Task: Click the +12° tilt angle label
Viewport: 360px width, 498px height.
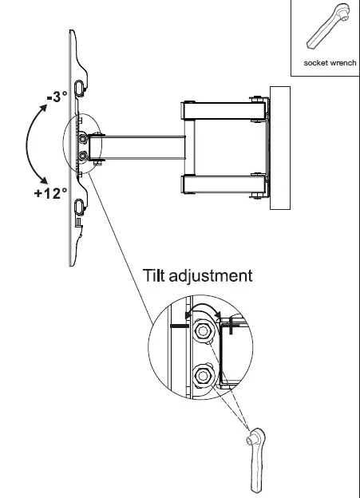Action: point(50,197)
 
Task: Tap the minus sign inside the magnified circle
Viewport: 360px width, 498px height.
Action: point(179,326)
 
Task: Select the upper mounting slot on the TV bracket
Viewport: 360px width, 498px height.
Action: point(80,85)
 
